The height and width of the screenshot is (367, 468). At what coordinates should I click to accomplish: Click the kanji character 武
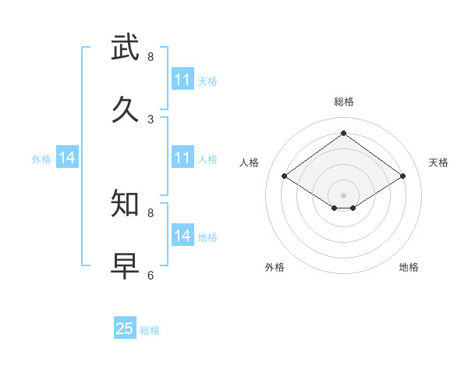pyautogui.click(x=126, y=48)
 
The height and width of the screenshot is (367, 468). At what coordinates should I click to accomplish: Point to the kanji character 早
pyautogui.click(x=126, y=266)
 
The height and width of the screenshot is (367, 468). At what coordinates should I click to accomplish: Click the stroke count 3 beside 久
pyautogui.click(x=151, y=119)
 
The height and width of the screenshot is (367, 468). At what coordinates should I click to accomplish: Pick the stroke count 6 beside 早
pyautogui.click(x=151, y=275)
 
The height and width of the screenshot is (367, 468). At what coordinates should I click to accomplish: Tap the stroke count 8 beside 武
pyautogui.click(x=151, y=56)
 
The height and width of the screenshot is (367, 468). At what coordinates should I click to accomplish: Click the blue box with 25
pyautogui.click(x=125, y=329)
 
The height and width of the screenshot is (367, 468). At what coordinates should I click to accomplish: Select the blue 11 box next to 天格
pyautogui.click(x=183, y=80)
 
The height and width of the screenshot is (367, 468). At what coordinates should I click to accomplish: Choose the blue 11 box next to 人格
pyautogui.click(x=183, y=158)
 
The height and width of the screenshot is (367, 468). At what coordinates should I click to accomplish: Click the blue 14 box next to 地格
pyautogui.click(x=183, y=236)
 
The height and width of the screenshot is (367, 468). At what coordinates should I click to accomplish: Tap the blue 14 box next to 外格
pyautogui.click(x=67, y=158)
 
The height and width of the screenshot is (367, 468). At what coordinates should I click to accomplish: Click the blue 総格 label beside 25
pyautogui.click(x=150, y=330)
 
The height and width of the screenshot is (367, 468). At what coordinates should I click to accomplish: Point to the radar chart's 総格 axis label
pyautogui.click(x=344, y=102)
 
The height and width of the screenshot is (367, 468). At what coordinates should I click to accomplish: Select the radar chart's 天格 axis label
pyautogui.click(x=438, y=162)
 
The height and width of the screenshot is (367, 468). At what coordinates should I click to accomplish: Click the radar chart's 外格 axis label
pyautogui.click(x=275, y=267)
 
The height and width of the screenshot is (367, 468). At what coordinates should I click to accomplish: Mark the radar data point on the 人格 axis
pyautogui.click(x=285, y=176)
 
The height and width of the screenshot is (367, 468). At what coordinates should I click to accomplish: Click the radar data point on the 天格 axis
pyautogui.click(x=402, y=176)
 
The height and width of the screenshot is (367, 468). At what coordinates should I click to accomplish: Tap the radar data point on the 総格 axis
pyautogui.click(x=344, y=133)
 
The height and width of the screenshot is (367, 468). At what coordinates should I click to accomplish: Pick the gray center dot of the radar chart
pyautogui.click(x=344, y=194)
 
